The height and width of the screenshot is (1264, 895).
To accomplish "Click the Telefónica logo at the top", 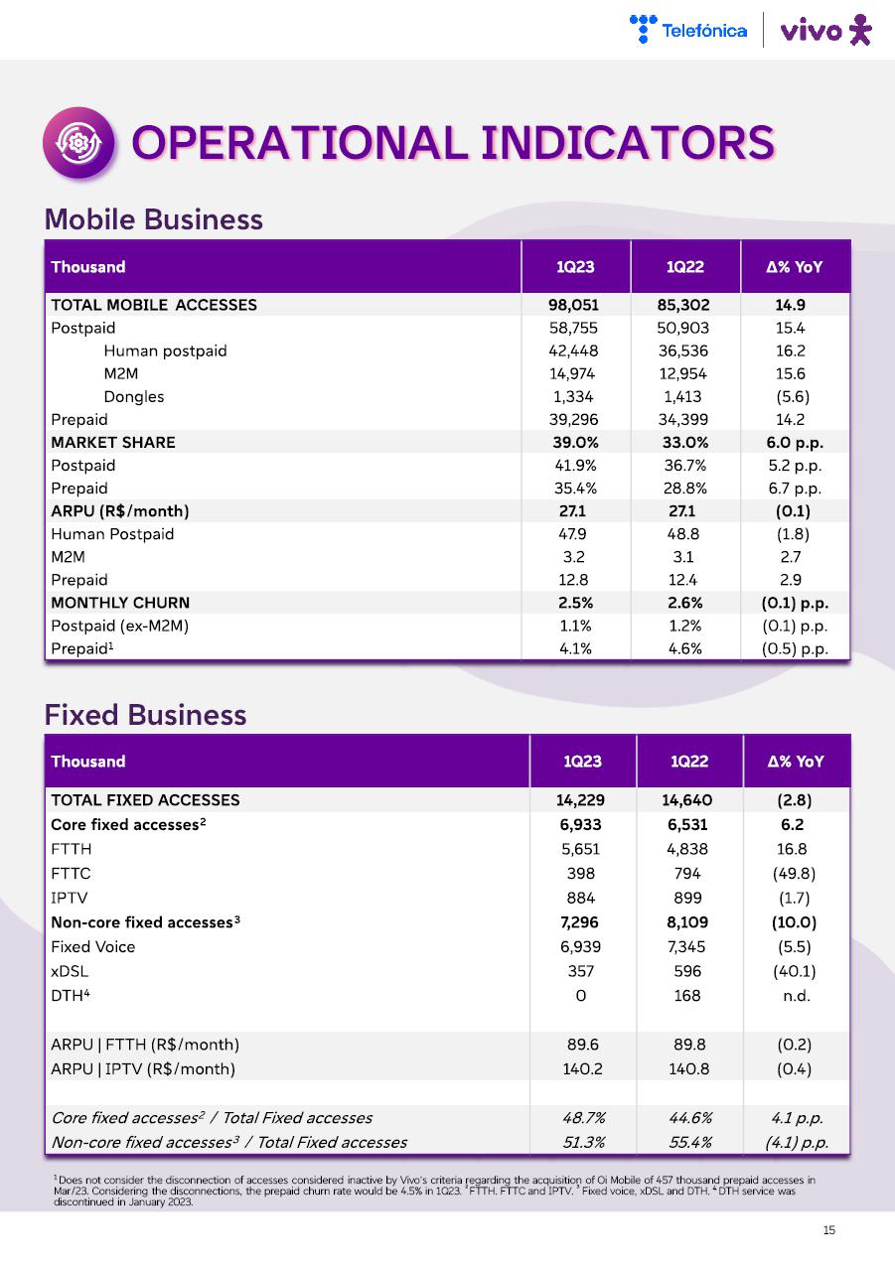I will [x=688, y=30].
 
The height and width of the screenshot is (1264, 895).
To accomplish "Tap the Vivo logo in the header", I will [x=825, y=31].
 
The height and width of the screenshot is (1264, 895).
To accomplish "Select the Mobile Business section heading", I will [x=154, y=219].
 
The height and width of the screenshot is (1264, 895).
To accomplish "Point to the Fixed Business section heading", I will [x=145, y=715].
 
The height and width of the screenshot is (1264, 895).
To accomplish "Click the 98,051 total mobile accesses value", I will [x=575, y=305].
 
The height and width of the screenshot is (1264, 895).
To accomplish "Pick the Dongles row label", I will [x=133, y=396].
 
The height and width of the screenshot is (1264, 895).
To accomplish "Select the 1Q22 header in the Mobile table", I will [x=685, y=266].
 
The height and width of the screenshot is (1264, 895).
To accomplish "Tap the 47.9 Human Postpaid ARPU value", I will [x=575, y=534].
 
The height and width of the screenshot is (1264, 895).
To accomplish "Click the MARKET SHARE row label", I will [x=112, y=442].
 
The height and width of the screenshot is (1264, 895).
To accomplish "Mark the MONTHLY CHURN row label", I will [x=119, y=603].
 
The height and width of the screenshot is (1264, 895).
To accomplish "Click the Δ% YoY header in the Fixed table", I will [x=795, y=762].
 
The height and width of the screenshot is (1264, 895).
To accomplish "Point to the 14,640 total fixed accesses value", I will [x=687, y=799].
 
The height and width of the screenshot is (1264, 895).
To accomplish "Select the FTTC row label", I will [x=71, y=873].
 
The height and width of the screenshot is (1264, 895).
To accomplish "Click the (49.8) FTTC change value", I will [x=794, y=873].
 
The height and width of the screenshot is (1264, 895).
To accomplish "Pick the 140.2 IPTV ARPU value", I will [x=581, y=1068].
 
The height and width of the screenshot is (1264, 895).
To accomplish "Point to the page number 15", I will [x=829, y=1231].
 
